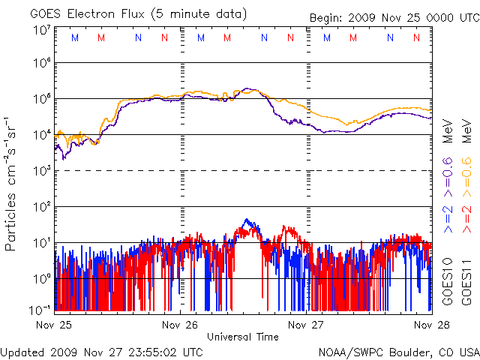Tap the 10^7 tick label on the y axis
(x=41, y=29)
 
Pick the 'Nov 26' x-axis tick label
(x=179, y=325)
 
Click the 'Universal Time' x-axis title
(x=242, y=337)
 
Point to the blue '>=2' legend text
(x=448, y=217)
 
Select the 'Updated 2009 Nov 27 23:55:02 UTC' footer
(x=102, y=351)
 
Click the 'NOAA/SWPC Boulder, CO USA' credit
(x=398, y=351)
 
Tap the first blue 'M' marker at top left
(x=74, y=37)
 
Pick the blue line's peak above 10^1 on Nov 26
(x=247, y=221)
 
